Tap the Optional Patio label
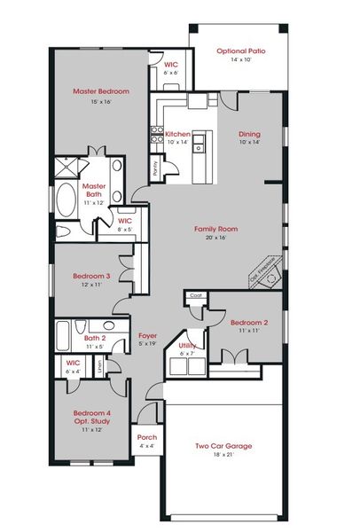coord(239,52)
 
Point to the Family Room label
coord(216,229)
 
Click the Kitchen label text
coord(177,134)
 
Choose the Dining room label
coord(249,134)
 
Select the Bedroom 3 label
coord(92,277)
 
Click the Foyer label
coord(148,336)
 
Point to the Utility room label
coord(187,345)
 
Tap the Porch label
coord(146,437)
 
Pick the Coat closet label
coord(196,296)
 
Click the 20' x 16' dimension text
coord(216,238)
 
